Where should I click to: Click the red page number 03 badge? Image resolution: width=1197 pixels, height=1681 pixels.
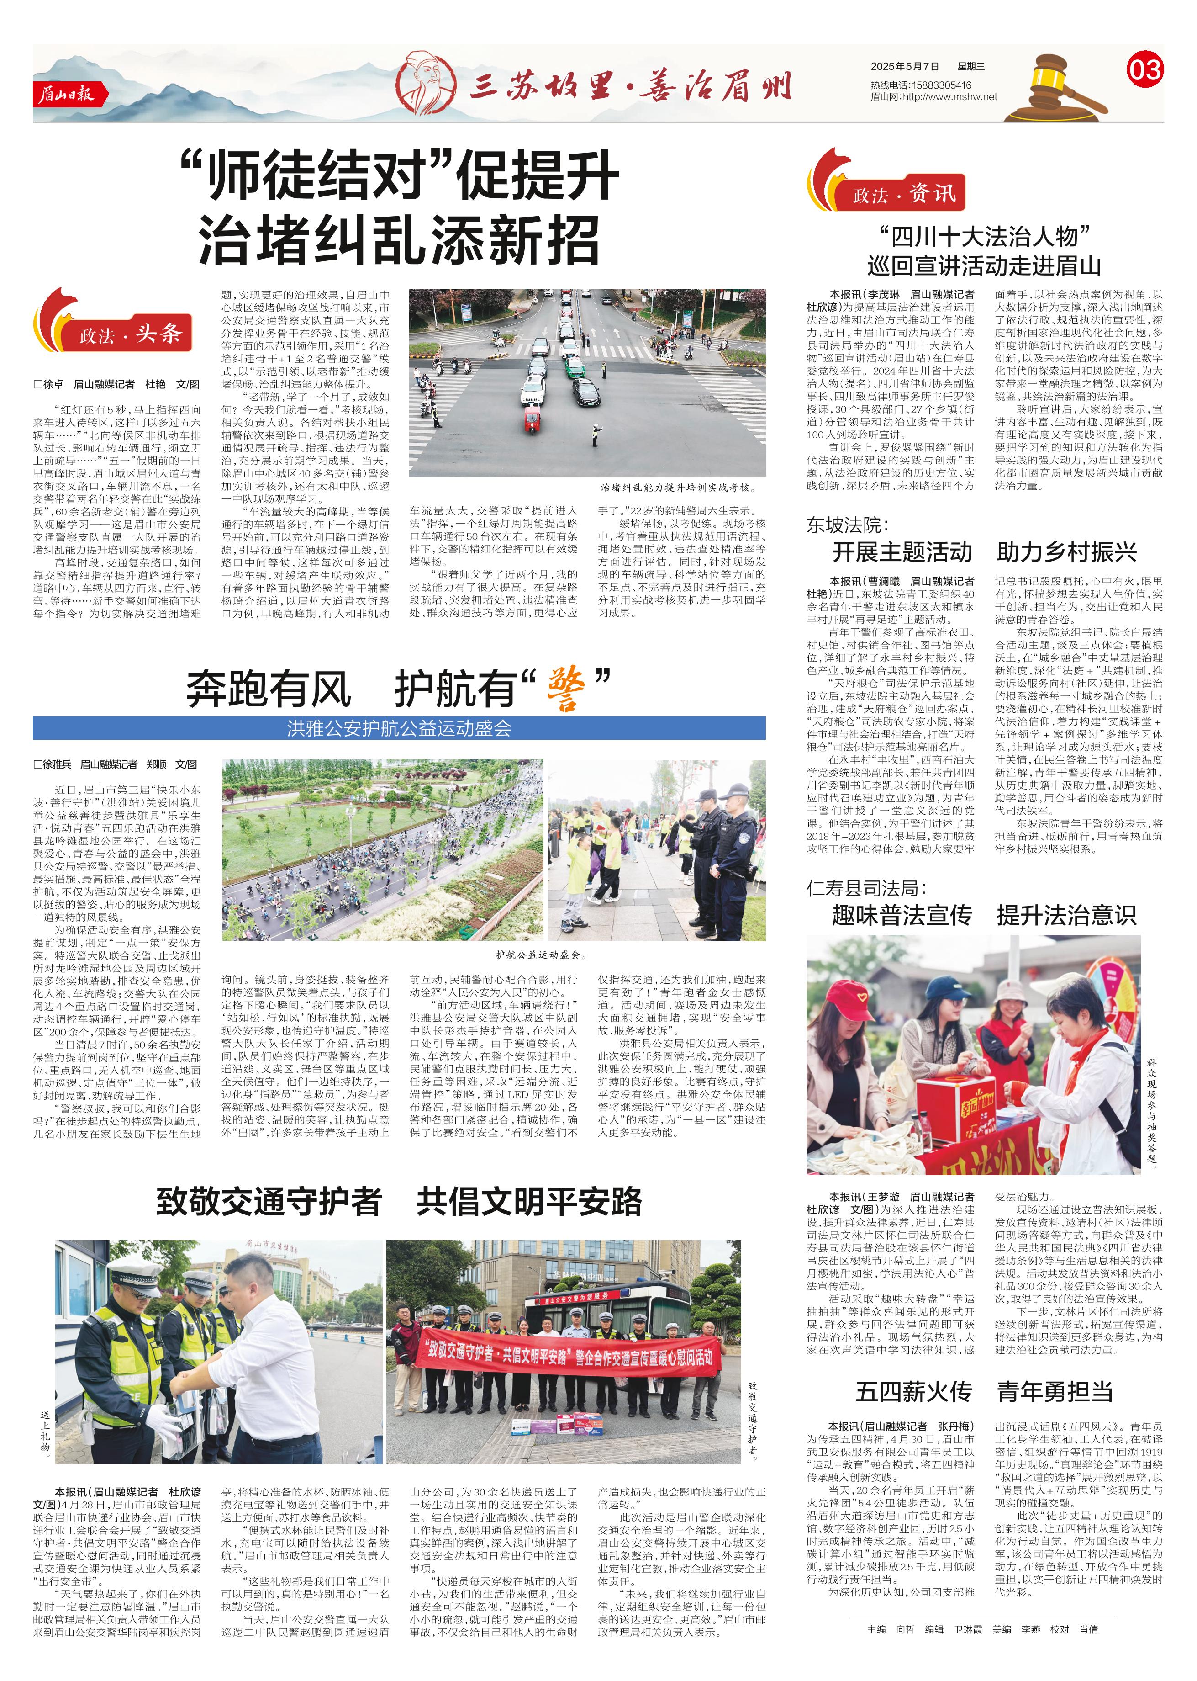coord(1144,70)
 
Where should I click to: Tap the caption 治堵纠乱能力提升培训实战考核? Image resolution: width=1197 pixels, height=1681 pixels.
coord(678,488)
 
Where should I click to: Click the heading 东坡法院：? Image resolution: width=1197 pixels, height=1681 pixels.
coord(848,525)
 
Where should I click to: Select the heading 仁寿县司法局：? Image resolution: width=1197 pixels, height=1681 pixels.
coord(866,888)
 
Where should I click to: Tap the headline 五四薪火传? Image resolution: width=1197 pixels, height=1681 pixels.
coord(913,1391)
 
